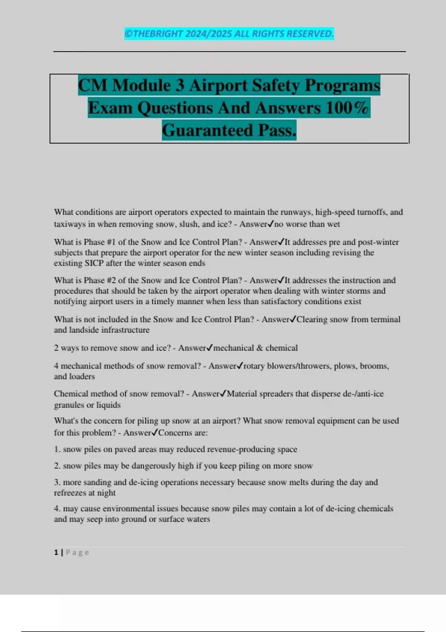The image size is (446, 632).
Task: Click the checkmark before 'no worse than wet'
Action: click(271, 224)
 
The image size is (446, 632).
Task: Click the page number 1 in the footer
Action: click(56, 552)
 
